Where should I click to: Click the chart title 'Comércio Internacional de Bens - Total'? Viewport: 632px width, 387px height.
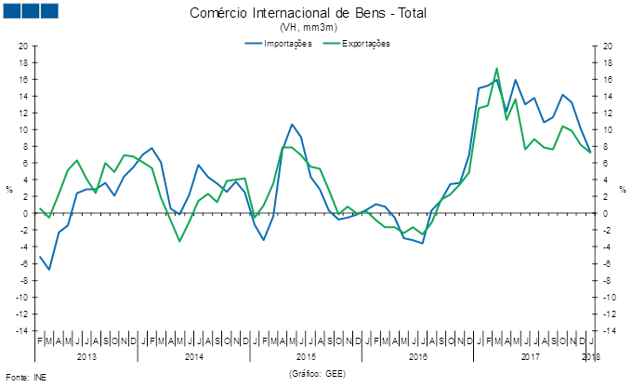pyautogui.click(x=314, y=13)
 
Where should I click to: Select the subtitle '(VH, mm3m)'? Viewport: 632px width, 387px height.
pyautogui.click(x=314, y=28)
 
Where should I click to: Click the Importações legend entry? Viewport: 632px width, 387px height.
pyautogui.click(x=281, y=43)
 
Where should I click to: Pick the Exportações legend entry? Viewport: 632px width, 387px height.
pyautogui.click(x=359, y=43)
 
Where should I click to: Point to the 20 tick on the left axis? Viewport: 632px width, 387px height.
pyautogui.click(x=23, y=46)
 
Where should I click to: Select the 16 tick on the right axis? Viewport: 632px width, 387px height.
pyautogui.click(x=607, y=79)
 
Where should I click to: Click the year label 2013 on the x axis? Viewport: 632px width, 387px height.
pyautogui.click(x=86, y=356)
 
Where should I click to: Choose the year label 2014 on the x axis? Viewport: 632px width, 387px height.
pyautogui.click(x=194, y=356)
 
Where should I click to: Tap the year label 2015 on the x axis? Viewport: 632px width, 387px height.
pyautogui.click(x=306, y=356)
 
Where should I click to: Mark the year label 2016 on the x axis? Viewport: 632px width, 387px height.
pyautogui.click(x=417, y=356)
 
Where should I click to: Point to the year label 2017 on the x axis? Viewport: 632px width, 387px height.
pyautogui.click(x=530, y=356)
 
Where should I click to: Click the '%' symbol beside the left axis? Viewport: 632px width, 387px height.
pyautogui.click(x=9, y=190)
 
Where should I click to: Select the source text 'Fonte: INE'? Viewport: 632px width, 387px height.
pyautogui.click(x=25, y=377)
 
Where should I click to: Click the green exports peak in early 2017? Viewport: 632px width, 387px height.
pyautogui.click(x=497, y=68)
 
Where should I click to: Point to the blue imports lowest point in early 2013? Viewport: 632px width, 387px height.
pyautogui.click(x=49, y=269)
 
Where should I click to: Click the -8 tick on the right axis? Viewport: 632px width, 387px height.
pyautogui.click(x=607, y=280)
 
